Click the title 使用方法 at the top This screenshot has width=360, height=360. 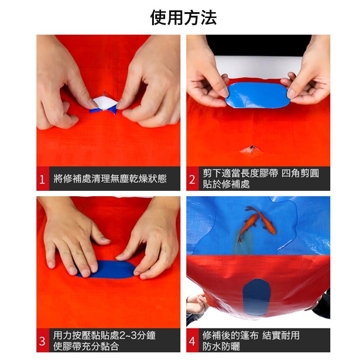tap(183, 18)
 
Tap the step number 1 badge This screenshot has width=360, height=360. tap(42, 179)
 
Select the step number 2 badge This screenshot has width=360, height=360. tap(193, 179)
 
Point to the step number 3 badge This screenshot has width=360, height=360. tap(42, 341)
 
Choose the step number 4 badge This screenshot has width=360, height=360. tap(193, 341)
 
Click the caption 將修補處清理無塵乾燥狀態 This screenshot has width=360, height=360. tap(110, 179)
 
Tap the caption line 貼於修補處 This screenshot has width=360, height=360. tap(226, 184)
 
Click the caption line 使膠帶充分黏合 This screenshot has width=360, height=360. tap(86, 346)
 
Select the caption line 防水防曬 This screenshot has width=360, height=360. tap(221, 346)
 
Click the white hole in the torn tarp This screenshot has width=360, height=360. tap(104, 103)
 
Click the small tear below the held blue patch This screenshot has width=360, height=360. tap(252, 151)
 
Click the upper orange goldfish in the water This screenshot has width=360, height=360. tap(262, 220)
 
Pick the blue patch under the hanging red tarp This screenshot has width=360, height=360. tap(256, 297)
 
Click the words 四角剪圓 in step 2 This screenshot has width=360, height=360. tap(300, 173)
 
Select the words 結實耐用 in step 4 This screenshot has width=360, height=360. tap(281, 335)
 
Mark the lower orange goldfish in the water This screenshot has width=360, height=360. tap(247, 227)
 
